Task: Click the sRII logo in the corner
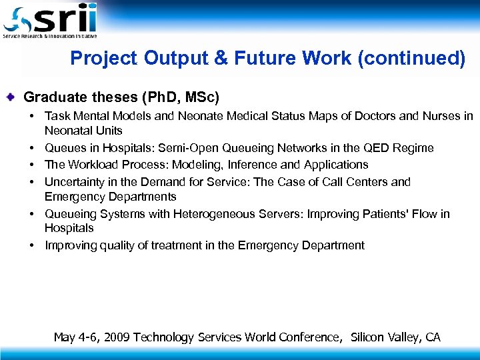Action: tap(50, 20)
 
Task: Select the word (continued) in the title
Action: tap(411, 59)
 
